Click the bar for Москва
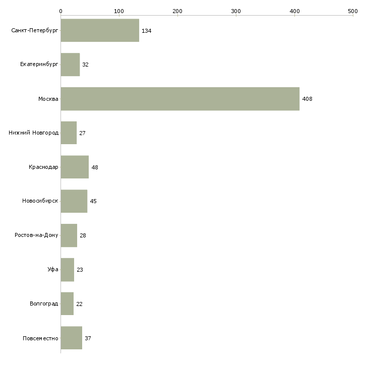[180, 99]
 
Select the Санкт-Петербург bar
[100, 31]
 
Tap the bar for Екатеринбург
[70, 65]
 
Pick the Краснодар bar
[75, 167]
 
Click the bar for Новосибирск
[74, 201]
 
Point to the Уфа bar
[67, 270]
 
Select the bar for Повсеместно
[71, 338]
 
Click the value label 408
[307, 99]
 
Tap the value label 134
[146, 31]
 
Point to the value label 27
[82, 133]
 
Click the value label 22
[79, 304]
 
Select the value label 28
[83, 235]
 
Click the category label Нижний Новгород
[33, 133]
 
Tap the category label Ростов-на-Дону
[36, 235]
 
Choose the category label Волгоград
[44, 304]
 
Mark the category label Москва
[48, 99]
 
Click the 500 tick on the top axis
[352, 11]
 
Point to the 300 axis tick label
[236, 11]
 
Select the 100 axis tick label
[119, 11]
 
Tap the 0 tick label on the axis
[60, 11]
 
